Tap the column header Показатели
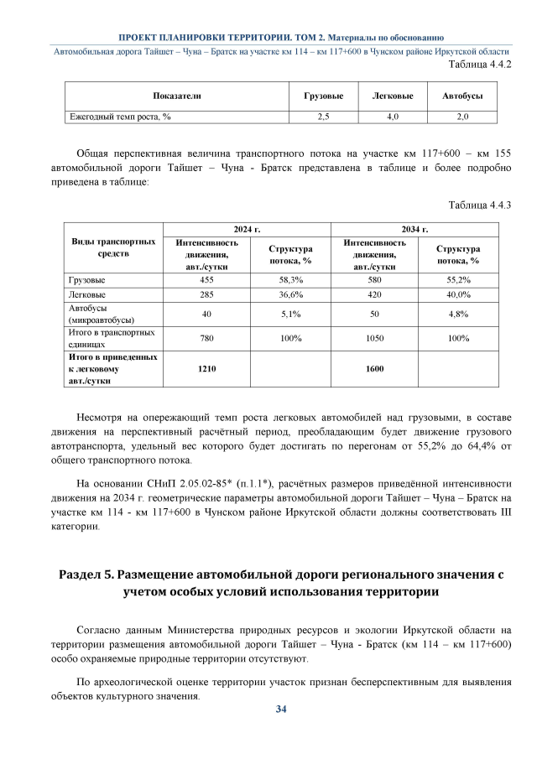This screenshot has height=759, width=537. [176, 96]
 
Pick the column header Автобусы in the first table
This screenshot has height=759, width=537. [461, 96]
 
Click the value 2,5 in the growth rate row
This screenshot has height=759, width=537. [323, 117]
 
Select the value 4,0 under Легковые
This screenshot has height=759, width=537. [392, 117]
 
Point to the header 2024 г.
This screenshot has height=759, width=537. [247, 228]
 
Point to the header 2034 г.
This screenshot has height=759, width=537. [414, 228]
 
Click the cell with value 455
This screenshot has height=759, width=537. [206, 279]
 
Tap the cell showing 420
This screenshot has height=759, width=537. [374, 295]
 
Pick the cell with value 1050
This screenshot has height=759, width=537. [374, 339]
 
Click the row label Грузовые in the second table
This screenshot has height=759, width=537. [86, 279]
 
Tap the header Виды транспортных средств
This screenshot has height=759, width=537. [113, 247]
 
